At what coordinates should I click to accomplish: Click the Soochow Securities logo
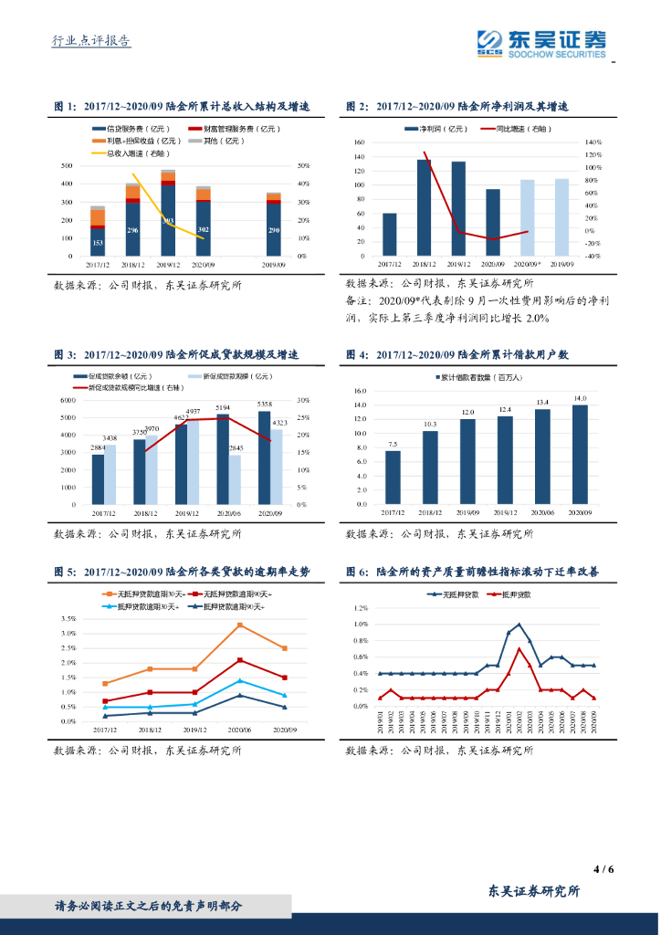[542, 42]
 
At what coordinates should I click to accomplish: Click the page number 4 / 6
[603, 868]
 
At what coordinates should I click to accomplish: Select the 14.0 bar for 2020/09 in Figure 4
[579, 454]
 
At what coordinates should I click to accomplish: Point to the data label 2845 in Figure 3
[236, 447]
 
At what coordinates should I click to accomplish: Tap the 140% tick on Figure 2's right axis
[593, 142]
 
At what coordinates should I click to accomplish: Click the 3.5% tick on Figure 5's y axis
[68, 618]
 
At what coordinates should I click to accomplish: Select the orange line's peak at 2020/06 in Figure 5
[239, 625]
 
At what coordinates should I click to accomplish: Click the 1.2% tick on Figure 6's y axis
[360, 607]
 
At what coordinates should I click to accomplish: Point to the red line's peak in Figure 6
[519, 648]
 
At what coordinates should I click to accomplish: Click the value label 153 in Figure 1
[97, 243]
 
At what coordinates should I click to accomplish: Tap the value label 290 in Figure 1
[274, 230]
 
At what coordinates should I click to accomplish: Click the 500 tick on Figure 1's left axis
[67, 165]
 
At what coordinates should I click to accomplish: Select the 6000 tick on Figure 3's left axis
[67, 400]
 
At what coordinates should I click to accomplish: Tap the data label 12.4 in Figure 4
[505, 409]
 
